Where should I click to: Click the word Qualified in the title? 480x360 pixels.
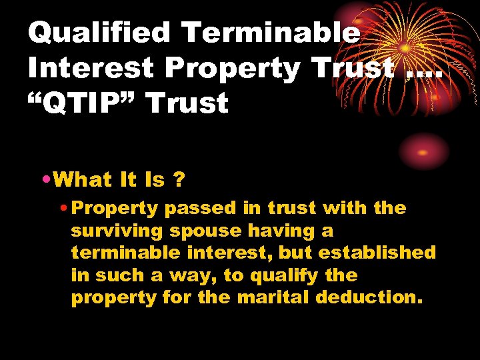click(99, 33)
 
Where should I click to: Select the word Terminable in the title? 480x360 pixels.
click(270, 33)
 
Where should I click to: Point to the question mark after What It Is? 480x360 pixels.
click(178, 179)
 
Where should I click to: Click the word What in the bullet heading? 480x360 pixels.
click(83, 179)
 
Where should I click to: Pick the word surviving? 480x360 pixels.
click(116, 231)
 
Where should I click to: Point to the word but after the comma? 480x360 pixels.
click(294, 253)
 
